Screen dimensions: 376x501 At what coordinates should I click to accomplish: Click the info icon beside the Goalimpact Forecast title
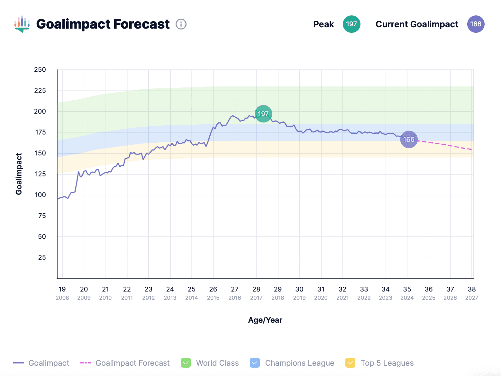click(x=181, y=24)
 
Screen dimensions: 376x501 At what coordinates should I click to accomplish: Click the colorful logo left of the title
click(x=22, y=24)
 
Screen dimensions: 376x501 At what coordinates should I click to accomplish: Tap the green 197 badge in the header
click(x=351, y=24)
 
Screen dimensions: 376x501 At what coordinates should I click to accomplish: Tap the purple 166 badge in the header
click(x=476, y=24)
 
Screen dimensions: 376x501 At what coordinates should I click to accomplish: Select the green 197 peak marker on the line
click(x=263, y=114)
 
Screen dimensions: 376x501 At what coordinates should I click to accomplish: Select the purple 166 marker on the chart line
click(x=409, y=139)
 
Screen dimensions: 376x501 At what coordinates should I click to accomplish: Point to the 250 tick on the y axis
click(x=40, y=70)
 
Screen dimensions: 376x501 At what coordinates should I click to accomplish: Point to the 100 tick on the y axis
click(x=40, y=195)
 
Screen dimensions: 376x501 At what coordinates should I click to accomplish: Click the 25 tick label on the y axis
click(x=42, y=257)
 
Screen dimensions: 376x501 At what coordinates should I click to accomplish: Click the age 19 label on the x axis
click(x=62, y=289)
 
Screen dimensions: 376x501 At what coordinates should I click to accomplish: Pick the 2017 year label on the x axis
click(x=256, y=298)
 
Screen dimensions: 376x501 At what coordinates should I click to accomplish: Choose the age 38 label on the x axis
click(x=472, y=289)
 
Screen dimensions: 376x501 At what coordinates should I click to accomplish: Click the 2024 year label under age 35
click(x=407, y=298)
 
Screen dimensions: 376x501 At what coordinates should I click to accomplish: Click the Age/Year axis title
click(x=265, y=320)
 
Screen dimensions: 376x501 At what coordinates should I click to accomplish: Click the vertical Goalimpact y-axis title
click(x=19, y=174)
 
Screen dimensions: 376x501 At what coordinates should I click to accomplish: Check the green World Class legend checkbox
click(x=186, y=363)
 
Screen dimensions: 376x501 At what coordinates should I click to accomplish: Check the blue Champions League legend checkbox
click(x=255, y=363)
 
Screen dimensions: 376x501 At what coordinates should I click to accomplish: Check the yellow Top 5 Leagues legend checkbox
click(x=350, y=363)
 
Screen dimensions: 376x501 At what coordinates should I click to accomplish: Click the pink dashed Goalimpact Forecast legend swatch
click(x=86, y=363)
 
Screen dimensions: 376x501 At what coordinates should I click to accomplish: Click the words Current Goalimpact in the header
click(x=417, y=24)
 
